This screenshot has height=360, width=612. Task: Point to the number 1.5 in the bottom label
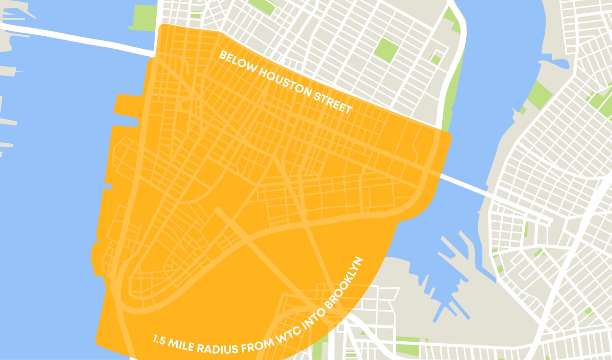click(159, 341)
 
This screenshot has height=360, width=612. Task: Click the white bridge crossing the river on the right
click(466, 186)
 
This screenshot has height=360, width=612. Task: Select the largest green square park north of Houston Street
click(386, 48)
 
